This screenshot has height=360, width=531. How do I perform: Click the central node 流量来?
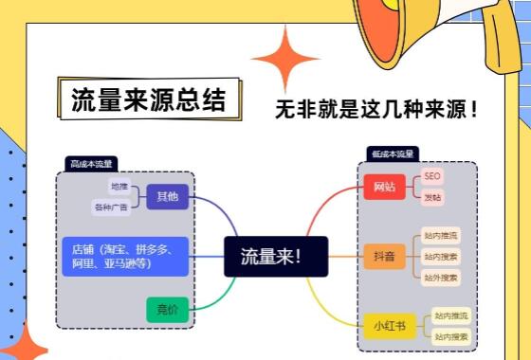[275, 256]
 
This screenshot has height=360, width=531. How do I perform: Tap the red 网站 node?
[384, 186]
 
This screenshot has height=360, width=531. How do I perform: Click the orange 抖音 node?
[384, 256]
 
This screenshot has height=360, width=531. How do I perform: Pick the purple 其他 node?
[168, 197]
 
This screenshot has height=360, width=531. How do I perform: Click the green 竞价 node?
[168, 309]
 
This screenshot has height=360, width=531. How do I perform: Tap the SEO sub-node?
[432, 176]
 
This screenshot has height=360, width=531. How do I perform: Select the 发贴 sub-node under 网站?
[432, 197]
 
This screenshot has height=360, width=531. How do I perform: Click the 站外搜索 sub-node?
[441, 278]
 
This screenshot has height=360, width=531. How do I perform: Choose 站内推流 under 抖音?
[441, 235]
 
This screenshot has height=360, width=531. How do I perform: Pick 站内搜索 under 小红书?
[451, 336]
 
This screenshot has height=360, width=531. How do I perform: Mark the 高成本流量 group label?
[91, 164]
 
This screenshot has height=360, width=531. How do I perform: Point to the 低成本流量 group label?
[393, 153]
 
